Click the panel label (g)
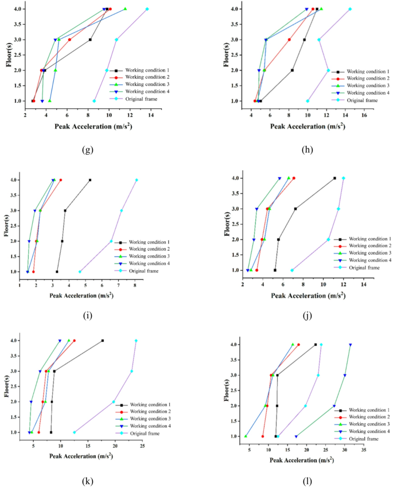pos(87,150)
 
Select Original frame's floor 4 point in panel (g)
pos(147,9)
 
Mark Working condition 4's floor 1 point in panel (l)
pos(296,436)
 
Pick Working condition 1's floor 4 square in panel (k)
pos(103,341)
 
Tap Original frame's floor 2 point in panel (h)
pos(328,71)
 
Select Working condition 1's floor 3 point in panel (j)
pos(295,209)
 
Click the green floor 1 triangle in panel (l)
pos(246,436)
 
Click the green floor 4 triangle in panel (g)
pos(126,9)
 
